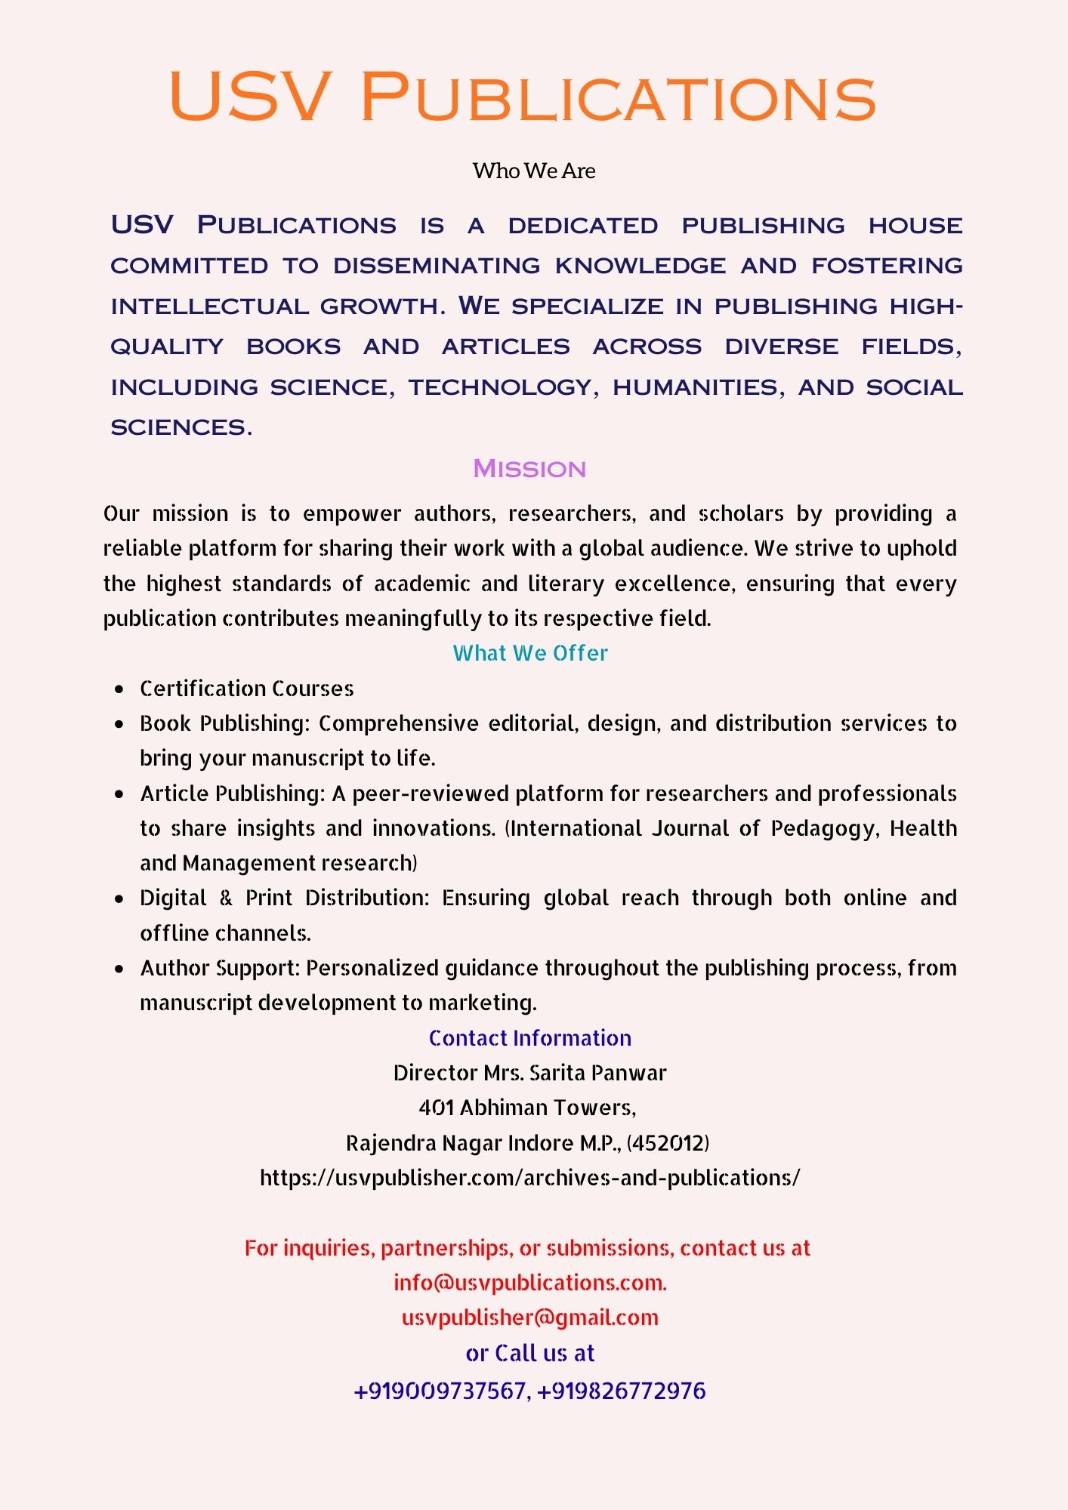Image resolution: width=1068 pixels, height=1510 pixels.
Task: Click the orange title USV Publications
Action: pos(523,97)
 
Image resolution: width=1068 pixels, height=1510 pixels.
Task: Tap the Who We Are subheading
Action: pos(534,171)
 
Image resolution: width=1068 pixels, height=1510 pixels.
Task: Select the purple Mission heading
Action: pos(529,469)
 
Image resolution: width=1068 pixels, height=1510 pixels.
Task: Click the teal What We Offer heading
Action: pos(530,653)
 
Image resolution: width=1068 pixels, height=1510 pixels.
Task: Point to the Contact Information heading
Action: pos(530,1038)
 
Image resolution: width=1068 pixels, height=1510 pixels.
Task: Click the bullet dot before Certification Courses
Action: pos(119,689)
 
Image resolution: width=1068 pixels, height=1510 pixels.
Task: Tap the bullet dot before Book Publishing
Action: pos(119,724)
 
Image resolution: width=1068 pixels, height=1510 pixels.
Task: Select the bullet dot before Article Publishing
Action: pos(119,794)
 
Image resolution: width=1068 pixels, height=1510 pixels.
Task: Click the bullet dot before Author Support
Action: pos(119,969)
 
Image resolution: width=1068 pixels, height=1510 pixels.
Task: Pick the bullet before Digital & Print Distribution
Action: pos(119,898)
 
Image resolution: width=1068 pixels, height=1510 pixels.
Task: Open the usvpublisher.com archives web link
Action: pos(530,1178)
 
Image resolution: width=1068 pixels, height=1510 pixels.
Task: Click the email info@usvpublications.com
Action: pos(529,1283)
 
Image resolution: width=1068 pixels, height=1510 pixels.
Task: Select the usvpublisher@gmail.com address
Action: pos(530,1317)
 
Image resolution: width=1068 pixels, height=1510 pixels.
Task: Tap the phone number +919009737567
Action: pos(442,1391)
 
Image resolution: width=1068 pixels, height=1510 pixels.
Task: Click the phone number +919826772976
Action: pos(622,1391)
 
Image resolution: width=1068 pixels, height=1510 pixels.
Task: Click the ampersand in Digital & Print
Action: pos(226,898)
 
